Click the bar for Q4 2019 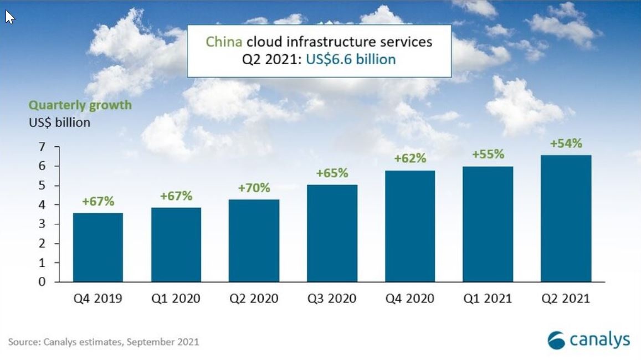[x=98, y=248]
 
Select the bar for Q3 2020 [x=332, y=233]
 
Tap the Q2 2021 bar [x=566, y=218]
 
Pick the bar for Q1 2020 [x=176, y=245]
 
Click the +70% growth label [x=254, y=188]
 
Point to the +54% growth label [x=566, y=143]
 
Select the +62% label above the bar [x=410, y=158]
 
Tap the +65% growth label [x=332, y=173]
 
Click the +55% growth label [x=488, y=155]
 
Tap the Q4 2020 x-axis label [x=410, y=299]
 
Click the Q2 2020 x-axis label [x=254, y=299]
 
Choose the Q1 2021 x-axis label [x=488, y=299]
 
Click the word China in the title [x=224, y=42]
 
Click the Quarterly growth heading [x=80, y=105]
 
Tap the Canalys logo [x=588, y=339]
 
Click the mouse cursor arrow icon [x=9, y=17]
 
